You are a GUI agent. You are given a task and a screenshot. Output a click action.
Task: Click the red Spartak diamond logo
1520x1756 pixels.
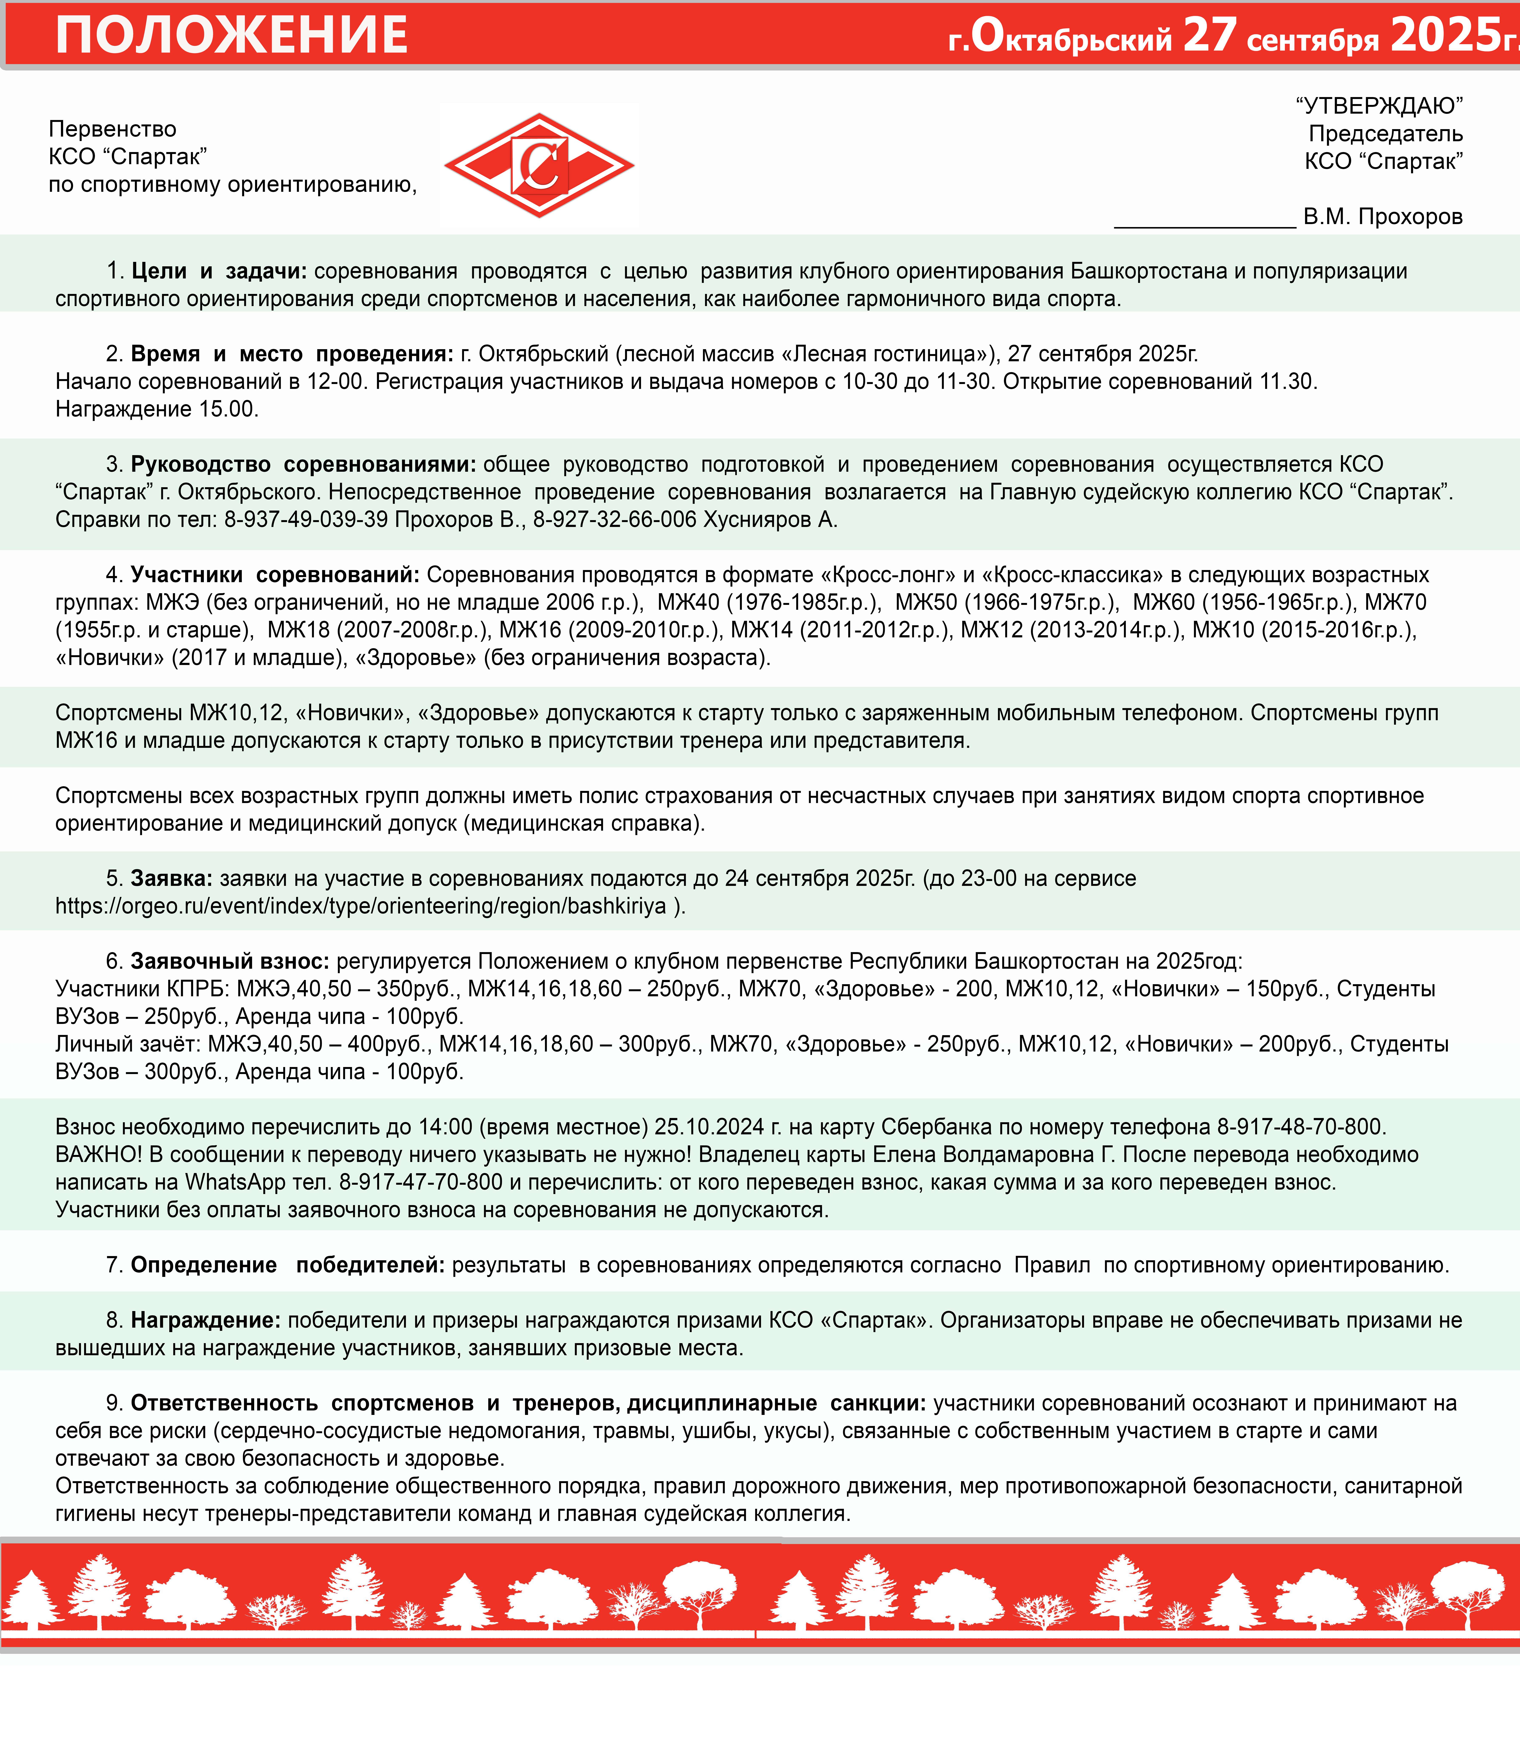[x=539, y=165]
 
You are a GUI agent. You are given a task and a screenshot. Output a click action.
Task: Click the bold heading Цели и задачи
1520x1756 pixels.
[x=219, y=271]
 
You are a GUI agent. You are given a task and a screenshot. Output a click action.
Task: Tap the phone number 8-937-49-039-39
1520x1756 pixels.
[x=306, y=520]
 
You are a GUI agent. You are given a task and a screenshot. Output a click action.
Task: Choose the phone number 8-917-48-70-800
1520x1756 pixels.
[x=1300, y=1127]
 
